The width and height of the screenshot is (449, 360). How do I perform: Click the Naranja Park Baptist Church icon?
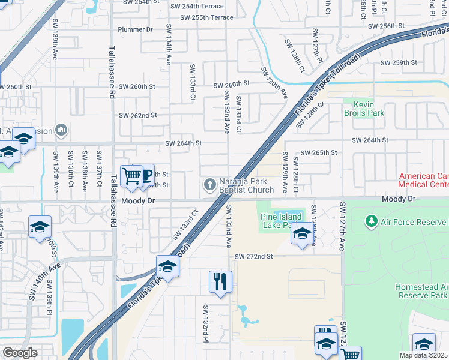(211, 184)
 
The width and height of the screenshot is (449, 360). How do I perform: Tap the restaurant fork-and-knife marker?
(220, 282)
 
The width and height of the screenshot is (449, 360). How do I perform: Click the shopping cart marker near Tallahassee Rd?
(131, 176)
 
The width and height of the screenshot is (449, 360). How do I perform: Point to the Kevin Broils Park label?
(364, 108)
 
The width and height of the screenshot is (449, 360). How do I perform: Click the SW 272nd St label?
(254, 256)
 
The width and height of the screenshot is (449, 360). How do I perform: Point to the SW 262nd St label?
(138, 115)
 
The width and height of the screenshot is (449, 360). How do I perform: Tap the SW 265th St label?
(319, 153)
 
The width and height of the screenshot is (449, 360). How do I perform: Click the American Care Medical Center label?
(424, 180)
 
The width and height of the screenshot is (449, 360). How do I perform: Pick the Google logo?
(20, 353)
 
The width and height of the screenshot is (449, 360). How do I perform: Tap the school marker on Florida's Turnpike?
(167, 266)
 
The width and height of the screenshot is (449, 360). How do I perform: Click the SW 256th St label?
(387, 26)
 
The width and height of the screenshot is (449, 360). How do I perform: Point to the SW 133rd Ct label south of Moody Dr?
(185, 224)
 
